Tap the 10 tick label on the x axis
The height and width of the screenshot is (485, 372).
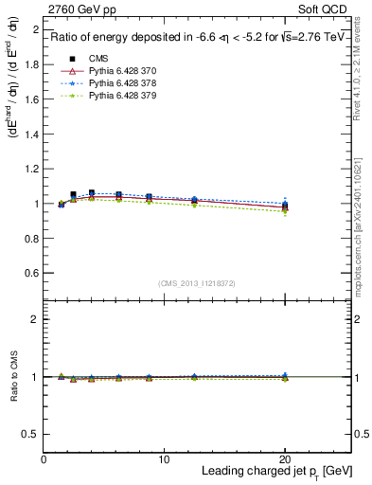[x=164, y=459]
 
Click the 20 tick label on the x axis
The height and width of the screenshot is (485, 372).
[x=285, y=459]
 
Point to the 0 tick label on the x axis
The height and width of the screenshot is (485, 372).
[x=44, y=459]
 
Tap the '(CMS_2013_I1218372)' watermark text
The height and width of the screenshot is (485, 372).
[x=197, y=282]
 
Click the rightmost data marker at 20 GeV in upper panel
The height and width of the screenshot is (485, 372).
[x=285, y=206]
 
